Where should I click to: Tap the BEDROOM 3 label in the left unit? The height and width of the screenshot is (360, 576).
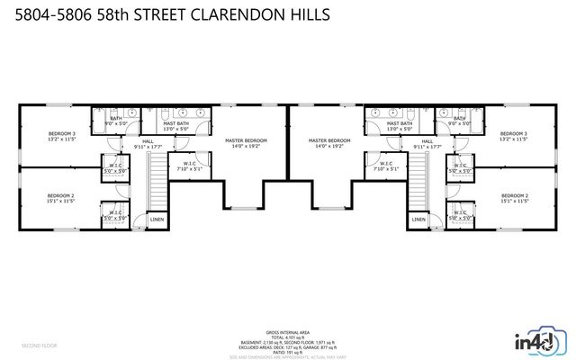click(x=61, y=136)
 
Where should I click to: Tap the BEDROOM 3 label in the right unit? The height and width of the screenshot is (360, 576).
click(x=513, y=136)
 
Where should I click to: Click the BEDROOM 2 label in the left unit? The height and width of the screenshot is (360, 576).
click(x=61, y=198)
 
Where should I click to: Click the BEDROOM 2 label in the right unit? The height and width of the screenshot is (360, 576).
click(x=514, y=198)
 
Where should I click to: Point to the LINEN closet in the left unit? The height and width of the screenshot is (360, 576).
click(x=157, y=219)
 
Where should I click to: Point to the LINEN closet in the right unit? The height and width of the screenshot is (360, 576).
click(x=418, y=219)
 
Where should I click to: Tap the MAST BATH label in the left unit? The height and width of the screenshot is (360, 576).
click(x=175, y=125)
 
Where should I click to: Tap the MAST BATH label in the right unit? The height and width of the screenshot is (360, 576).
click(x=400, y=125)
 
